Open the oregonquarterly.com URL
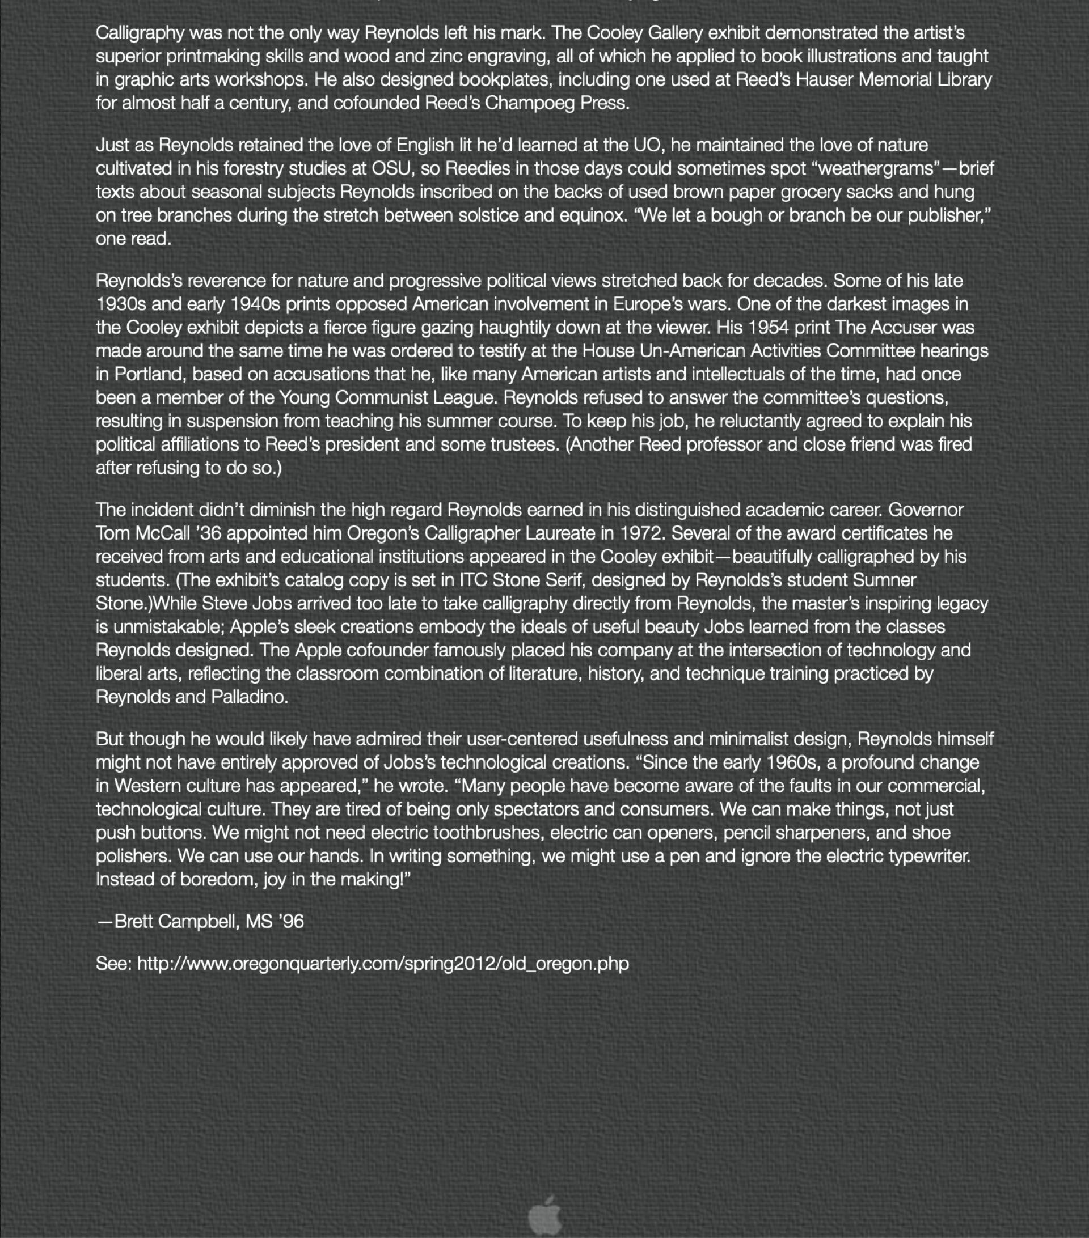(383, 964)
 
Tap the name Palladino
(249, 697)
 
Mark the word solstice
(488, 215)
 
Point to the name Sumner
(884, 580)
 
